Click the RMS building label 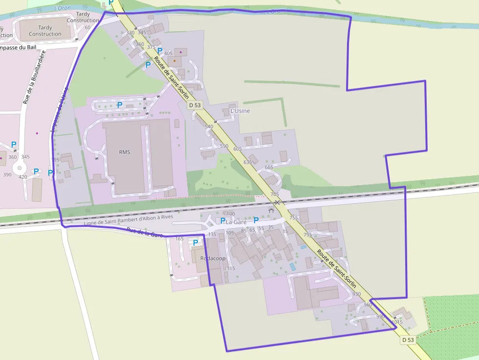pos(125,152)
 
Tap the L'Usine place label pos(240,111)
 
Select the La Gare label pos(236,222)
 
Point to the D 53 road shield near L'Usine pos(195,105)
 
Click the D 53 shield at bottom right pos(408,339)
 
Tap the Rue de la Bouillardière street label pos(33,77)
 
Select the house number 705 pos(274,194)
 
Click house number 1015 pos(396,322)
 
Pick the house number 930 pos(356,294)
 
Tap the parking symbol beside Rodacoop pos(196,242)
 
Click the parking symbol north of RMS pos(119,105)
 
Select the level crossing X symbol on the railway pos(277,202)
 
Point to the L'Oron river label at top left pos(62,8)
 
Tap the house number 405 pos(169,53)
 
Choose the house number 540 pos(209,127)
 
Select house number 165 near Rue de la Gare pos(179,239)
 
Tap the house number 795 pos(307,235)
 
